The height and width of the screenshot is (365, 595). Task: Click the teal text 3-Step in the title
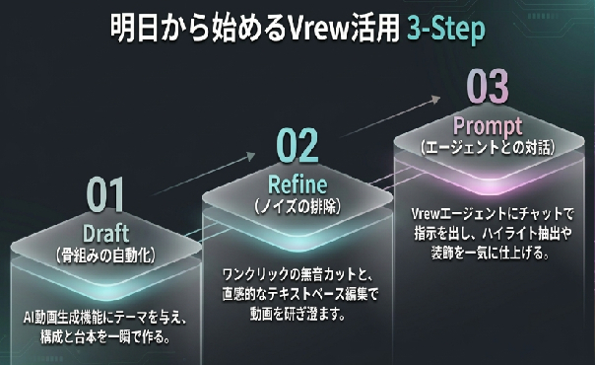point(446,29)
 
